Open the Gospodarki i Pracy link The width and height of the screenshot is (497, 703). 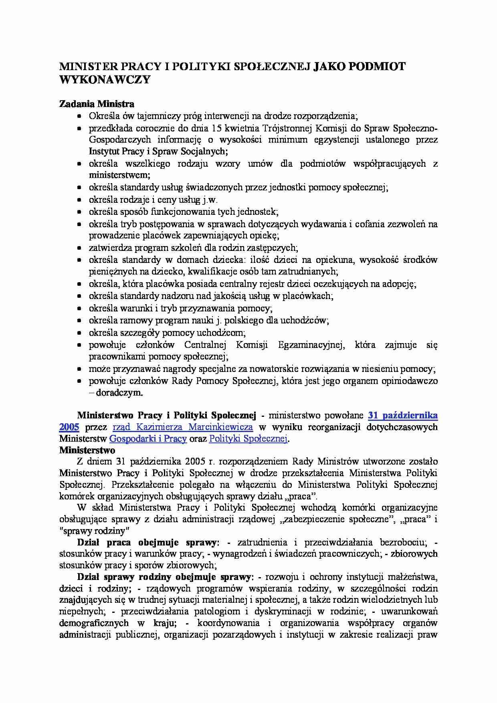pos(148,438)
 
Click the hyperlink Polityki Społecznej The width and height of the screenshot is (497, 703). pos(248,438)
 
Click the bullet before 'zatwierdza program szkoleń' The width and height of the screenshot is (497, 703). pos(80,248)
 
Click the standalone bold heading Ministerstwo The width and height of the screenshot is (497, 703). pos(87,450)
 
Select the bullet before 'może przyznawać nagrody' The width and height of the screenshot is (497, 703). pos(80,369)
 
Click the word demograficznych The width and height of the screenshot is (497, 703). pos(94,623)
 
